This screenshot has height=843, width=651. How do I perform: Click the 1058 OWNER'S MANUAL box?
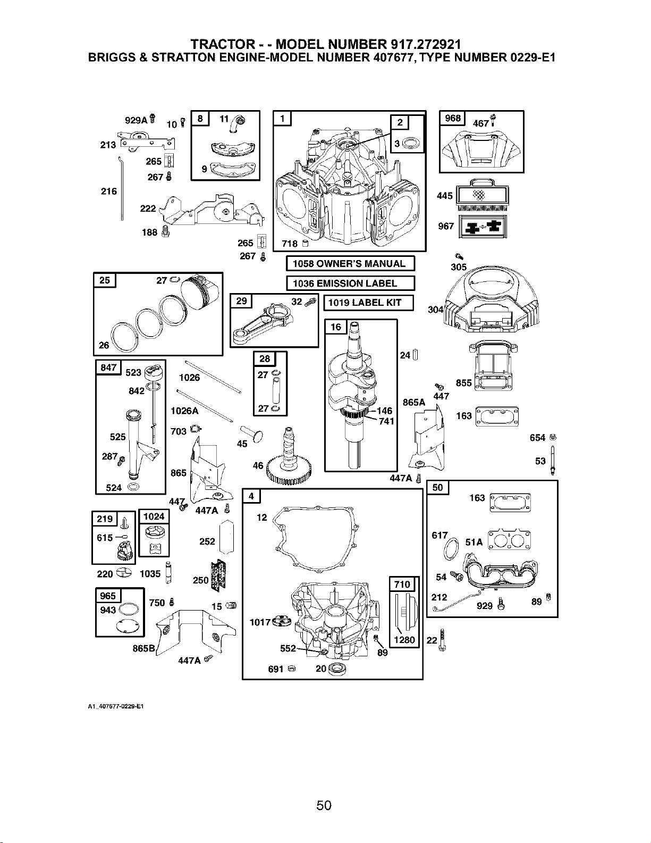(350, 264)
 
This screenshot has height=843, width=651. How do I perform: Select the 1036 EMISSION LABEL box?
(350, 283)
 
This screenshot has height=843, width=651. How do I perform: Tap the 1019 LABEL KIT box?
(368, 303)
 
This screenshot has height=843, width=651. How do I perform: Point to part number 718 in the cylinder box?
(290, 244)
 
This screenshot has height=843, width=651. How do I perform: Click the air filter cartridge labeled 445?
(481, 195)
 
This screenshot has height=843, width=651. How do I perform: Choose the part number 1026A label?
(184, 411)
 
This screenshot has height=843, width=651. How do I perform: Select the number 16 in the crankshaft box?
(335, 327)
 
